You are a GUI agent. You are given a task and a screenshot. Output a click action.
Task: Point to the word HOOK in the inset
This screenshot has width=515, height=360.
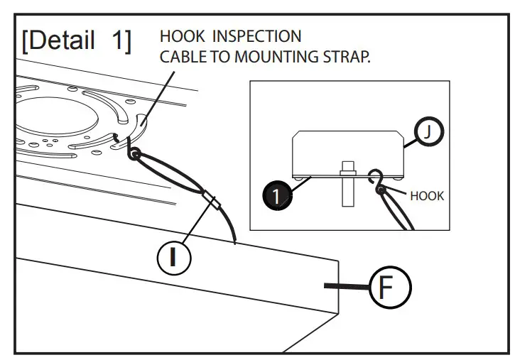click(427, 196)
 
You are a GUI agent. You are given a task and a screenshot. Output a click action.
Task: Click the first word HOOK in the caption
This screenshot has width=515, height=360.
click(178, 36)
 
